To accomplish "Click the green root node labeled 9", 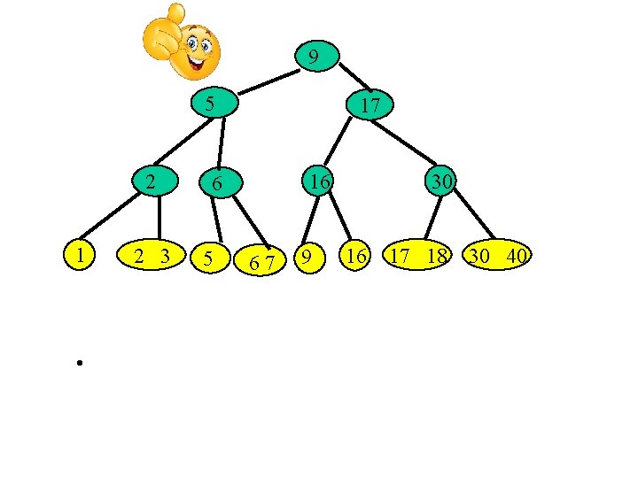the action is tap(314, 58).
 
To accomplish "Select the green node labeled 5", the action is tap(210, 103).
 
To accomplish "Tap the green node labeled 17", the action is tap(371, 105).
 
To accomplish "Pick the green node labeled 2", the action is tap(152, 183).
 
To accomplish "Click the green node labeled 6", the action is tap(215, 185).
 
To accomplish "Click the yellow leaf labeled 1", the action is tap(81, 255).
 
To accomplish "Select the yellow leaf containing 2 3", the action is tap(152, 257).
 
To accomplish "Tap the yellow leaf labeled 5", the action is tap(209, 258).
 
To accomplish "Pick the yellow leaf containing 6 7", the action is tap(261, 260).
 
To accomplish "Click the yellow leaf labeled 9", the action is tap(307, 258).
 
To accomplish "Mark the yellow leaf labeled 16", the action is tap(357, 257).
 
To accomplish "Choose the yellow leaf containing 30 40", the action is tap(499, 257).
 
